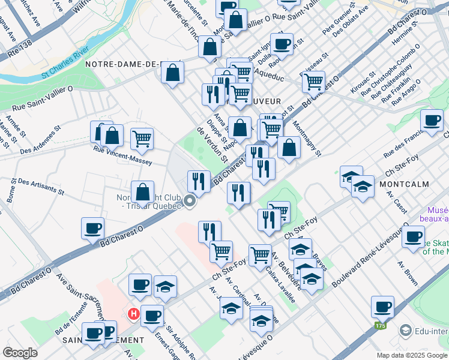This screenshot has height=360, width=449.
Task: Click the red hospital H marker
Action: (x=133, y=313)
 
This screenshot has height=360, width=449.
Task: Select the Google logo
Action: (x=20, y=353)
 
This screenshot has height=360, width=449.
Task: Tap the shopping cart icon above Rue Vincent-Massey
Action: (x=142, y=139)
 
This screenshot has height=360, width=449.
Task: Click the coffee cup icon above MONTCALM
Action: (x=432, y=119)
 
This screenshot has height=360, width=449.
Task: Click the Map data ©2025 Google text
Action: (x=411, y=355)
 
